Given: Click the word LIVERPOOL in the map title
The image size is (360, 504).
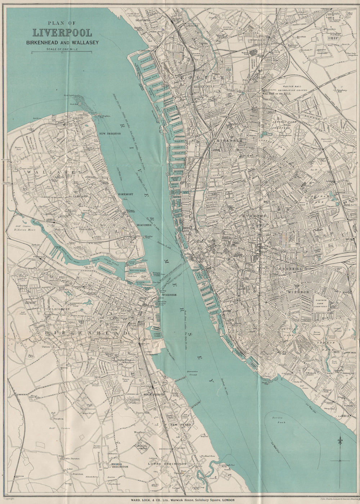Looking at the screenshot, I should point(62,33).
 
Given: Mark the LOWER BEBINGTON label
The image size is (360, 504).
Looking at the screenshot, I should point(167,464).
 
